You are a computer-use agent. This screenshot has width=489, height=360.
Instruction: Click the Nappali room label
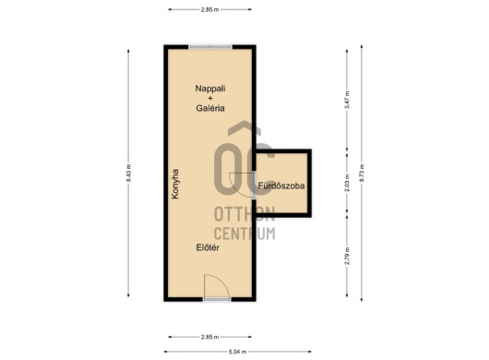tap(210, 89)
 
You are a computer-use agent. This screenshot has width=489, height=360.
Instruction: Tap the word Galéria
tap(210, 108)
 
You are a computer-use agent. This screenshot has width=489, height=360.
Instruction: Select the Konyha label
tap(175, 184)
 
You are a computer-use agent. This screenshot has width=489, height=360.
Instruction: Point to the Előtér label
tap(208, 247)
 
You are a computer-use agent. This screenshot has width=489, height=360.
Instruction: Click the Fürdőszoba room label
tap(281, 186)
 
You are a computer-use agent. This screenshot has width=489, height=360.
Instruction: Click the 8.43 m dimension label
tap(129, 174)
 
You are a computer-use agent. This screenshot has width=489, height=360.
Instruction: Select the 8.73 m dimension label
tap(362, 174)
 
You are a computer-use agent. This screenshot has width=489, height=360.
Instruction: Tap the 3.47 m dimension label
tap(347, 100)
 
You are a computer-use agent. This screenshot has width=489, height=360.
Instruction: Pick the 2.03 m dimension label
tap(347, 183)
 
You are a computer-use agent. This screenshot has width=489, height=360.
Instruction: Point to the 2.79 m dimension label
tap(347, 256)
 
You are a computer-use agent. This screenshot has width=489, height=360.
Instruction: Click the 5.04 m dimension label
tap(238, 352)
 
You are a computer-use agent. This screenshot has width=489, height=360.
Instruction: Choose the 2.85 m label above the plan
tap(209, 9)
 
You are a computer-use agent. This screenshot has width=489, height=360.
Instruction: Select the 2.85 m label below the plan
tap(209, 337)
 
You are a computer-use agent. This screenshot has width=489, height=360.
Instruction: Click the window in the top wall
tap(210, 47)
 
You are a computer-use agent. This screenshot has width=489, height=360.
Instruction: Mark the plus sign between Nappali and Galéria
tap(210, 98)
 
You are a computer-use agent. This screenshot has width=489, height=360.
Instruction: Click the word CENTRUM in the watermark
tap(244, 234)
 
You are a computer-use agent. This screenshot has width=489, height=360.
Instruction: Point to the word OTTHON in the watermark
tap(244, 213)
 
